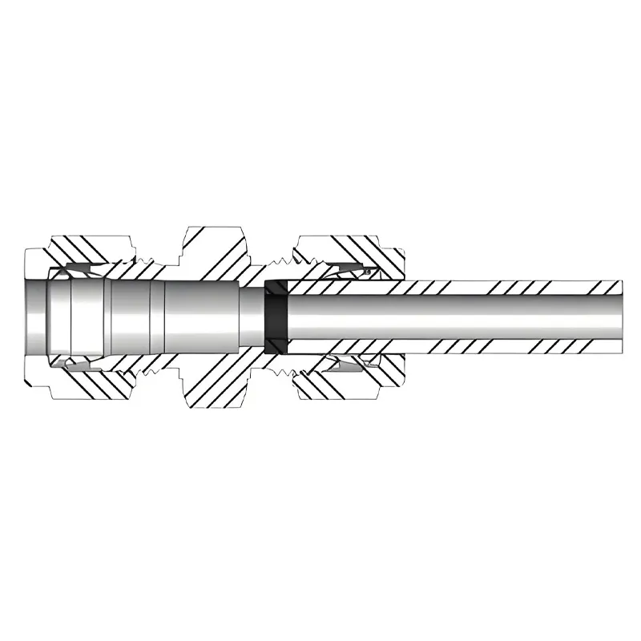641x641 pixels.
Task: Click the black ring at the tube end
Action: coord(275,317)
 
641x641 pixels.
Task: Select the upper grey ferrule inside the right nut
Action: coord(353,271)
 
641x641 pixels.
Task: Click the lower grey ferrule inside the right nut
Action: coord(353,365)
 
